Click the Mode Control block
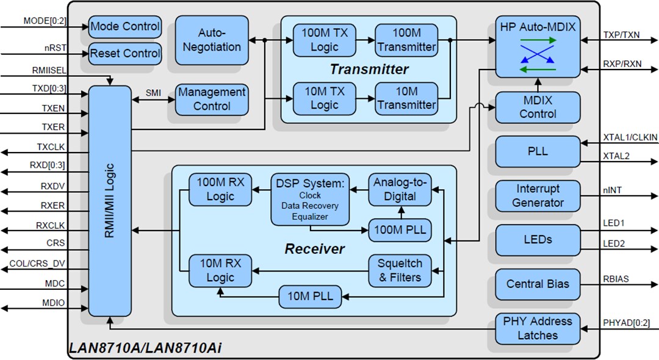click(x=125, y=27)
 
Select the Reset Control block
click(x=125, y=54)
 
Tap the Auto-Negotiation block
click(x=211, y=40)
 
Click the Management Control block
click(x=212, y=99)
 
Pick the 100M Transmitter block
click(x=406, y=40)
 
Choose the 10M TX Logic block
click(x=324, y=99)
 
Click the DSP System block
click(x=309, y=199)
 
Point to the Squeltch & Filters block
click(x=400, y=270)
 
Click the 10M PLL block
click(x=311, y=297)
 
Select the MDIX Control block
click(x=538, y=107)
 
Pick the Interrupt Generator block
click(x=538, y=196)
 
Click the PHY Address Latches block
click(x=538, y=328)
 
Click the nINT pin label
click(x=612, y=191)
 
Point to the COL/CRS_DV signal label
click(x=37, y=264)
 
